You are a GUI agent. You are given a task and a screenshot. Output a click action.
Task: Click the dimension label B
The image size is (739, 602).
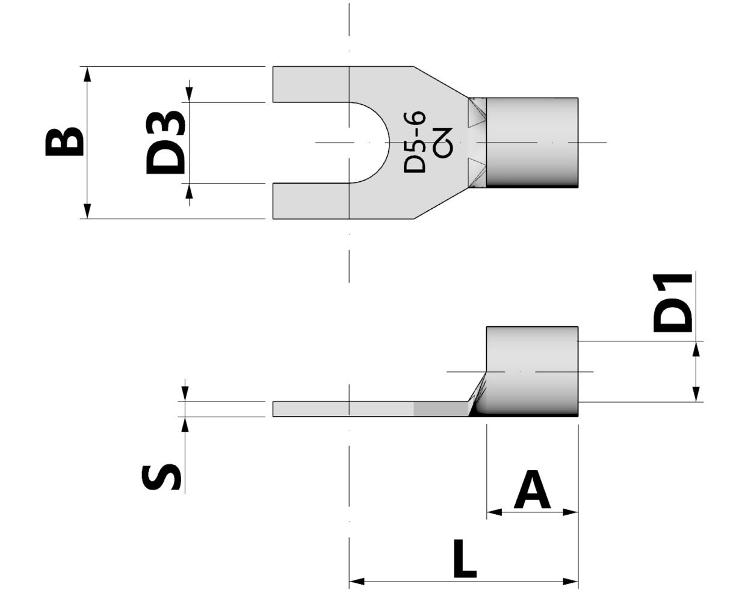pos(64,142)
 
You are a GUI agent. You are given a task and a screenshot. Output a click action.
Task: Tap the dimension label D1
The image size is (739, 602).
pos(673,303)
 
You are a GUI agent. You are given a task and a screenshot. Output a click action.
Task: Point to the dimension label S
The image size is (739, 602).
pos(161,477)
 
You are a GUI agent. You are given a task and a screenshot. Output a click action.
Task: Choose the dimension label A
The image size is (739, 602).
pos(532,491)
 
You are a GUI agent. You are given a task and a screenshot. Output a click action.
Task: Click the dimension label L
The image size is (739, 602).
pos(464,559)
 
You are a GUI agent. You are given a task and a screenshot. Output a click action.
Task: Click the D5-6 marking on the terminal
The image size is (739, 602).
pos(415,142)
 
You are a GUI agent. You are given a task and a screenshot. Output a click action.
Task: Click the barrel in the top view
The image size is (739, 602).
pos(532,142)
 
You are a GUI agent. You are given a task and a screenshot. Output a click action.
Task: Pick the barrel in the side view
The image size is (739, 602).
pos(532,370)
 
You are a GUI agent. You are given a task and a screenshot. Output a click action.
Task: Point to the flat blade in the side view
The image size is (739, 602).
pos(361,409)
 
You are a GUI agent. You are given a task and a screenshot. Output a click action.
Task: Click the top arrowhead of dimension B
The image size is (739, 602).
pos(88,73)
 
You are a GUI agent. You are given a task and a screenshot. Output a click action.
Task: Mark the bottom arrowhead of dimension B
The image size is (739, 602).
pos(88,211)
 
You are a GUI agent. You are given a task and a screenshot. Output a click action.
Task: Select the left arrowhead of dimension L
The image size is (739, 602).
pos(357,582)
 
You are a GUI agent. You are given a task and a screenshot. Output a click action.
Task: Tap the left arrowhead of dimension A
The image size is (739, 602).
pos(494,512)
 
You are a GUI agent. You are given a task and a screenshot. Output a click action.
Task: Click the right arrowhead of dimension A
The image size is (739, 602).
pos(570,512)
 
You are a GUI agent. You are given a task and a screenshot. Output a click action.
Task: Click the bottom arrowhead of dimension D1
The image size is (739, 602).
pos(696,394)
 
